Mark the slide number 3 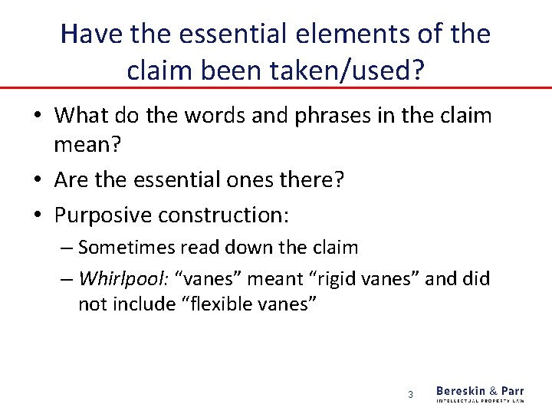(x=410, y=395)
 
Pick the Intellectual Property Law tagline (x=480, y=400)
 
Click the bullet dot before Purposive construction (x=38, y=216)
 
